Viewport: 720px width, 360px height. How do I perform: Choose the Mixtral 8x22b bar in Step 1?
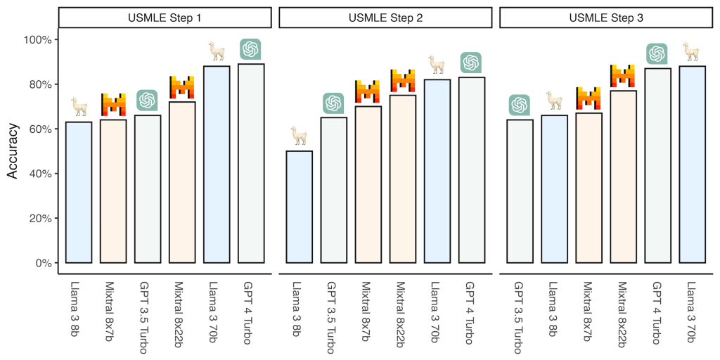tap(182, 182)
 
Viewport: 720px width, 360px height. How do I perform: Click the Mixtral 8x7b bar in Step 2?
tap(368, 184)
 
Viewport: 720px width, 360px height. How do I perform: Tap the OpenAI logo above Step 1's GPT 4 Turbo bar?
tap(251, 49)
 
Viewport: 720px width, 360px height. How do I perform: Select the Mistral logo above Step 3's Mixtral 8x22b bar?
tap(622, 76)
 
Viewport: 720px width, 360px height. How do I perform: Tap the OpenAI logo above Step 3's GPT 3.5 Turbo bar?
tap(519, 105)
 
